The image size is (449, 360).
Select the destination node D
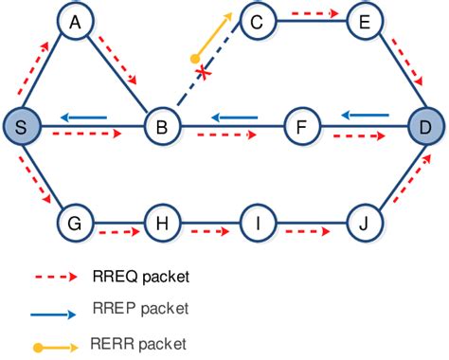coord(425,126)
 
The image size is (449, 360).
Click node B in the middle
coord(161,126)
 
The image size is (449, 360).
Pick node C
coord(257,20)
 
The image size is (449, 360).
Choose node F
coord(301,126)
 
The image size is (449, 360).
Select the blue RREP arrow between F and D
coord(364,115)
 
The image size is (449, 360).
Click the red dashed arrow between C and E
coord(311,13)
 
